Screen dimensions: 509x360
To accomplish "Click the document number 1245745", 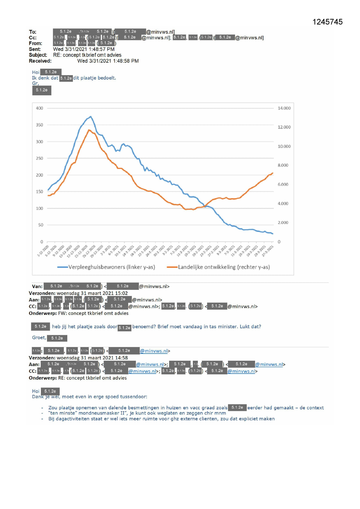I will click(328, 22).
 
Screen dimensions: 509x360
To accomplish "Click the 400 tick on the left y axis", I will click(39, 108).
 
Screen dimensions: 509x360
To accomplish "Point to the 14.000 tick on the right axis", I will click(284, 108).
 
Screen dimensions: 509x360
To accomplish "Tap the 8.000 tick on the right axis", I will click(283, 165).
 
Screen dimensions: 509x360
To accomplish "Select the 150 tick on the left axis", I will click(39, 192).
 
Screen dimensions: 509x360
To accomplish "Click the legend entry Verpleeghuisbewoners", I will click(111, 267).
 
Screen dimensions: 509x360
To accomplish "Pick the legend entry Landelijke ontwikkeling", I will click(224, 267).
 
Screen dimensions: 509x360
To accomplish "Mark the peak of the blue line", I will click(91, 117).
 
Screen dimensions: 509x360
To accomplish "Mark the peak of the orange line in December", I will click(89, 130).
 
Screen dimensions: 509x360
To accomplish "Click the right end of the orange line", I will click(273, 173).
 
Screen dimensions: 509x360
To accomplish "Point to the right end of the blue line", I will click(273, 234).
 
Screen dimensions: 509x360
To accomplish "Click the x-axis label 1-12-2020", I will click(43, 251).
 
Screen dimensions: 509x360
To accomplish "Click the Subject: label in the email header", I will click(38, 55).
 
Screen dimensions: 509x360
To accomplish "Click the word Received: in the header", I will click(40, 61).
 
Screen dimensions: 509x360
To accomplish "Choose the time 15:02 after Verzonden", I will click(121, 293).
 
